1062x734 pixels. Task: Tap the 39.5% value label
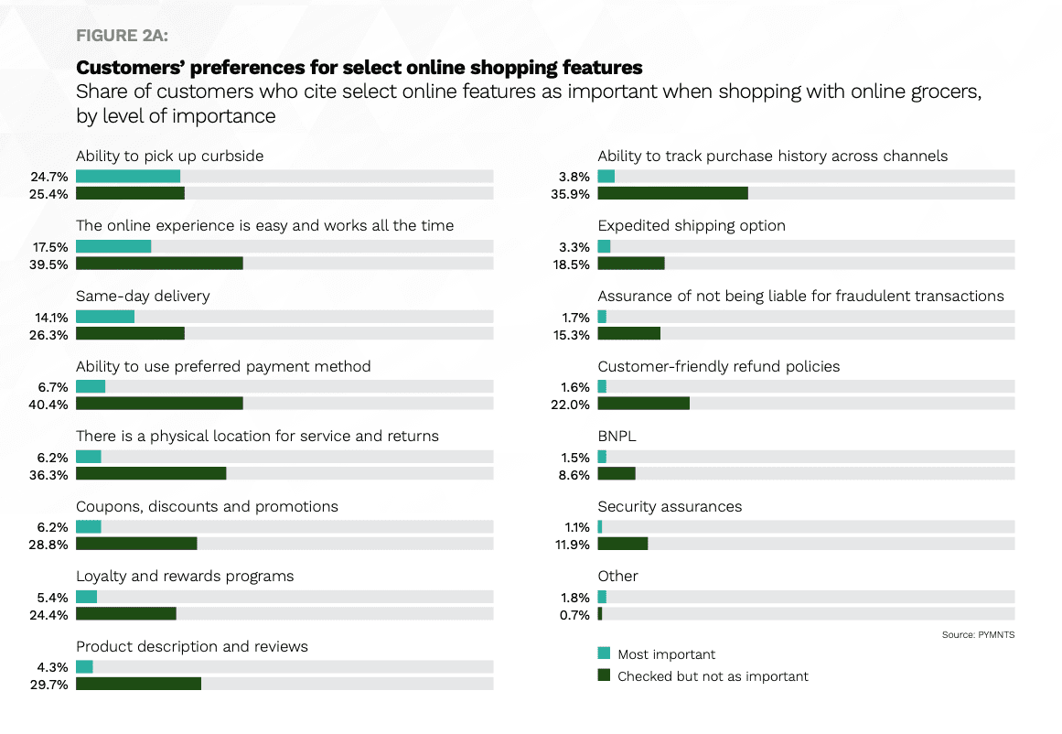52,264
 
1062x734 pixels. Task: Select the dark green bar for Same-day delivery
130,334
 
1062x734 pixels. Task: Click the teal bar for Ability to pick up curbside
128,176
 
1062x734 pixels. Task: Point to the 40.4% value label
52,404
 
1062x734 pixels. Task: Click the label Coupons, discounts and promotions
207,506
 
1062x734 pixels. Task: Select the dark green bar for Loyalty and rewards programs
125,614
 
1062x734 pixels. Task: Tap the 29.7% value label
52,685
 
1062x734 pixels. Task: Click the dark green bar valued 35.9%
672,193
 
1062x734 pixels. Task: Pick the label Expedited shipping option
691,225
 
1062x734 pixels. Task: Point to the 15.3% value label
574,334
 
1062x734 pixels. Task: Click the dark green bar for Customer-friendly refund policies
643,404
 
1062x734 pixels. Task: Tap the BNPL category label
617,436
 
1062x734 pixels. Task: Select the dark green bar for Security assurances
622,544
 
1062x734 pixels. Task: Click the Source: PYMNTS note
978,634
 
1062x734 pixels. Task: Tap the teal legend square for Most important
604,653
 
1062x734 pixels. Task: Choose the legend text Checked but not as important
713,676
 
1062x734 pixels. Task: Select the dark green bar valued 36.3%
151,474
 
